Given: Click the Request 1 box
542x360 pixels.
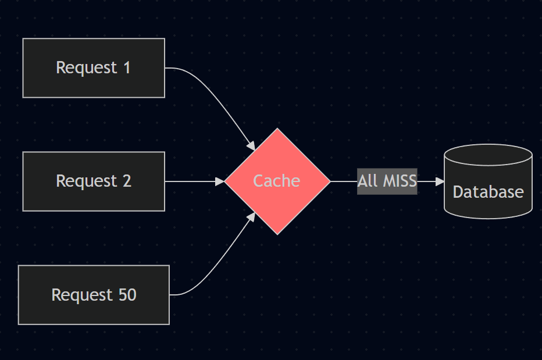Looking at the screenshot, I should point(94,68).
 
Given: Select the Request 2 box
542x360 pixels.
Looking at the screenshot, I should point(94,181).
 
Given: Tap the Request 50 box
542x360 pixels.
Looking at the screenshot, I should point(94,295).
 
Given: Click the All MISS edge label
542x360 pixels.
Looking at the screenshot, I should point(387,181).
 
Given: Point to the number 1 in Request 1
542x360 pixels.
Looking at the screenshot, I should point(127,68).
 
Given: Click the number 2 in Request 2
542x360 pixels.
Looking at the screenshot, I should point(127,181).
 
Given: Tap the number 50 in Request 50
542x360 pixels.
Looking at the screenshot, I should point(127,295).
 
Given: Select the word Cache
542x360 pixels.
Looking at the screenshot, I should point(277,181).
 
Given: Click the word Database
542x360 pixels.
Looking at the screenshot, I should point(488,192).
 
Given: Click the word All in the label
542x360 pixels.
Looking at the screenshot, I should point(367,181).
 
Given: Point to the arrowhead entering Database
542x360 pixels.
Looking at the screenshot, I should point(440,181).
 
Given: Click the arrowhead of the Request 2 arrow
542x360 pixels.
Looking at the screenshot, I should point(220,181).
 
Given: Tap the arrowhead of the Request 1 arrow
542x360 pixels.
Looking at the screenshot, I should point(251,146).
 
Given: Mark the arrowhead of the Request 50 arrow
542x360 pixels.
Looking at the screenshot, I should point(251,217).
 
